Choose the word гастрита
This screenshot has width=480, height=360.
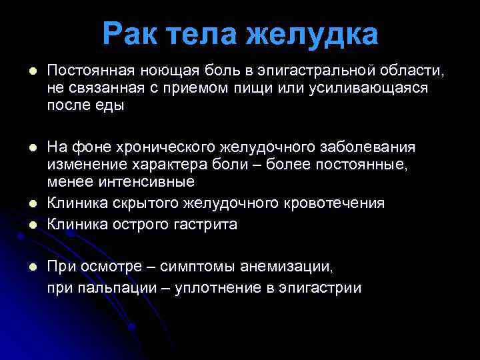click(x=203, y=224)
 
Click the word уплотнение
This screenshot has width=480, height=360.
click(x=217, y=288)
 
